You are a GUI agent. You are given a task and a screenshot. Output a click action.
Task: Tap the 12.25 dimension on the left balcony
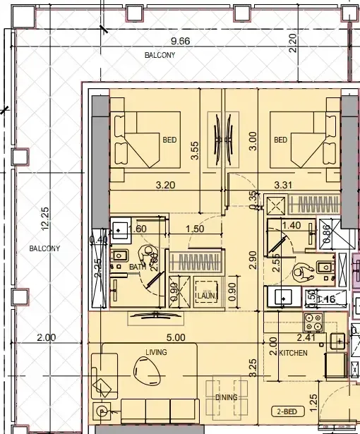(45, 218)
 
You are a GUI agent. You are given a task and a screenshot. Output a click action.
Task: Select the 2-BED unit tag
(287, 410)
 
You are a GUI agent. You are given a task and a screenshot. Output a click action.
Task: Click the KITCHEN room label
(293, 352)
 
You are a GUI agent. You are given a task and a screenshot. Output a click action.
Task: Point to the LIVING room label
(156, 351)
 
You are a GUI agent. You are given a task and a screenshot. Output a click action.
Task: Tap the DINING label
(227, 398)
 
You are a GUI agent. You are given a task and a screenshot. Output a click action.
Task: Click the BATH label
(137, 267)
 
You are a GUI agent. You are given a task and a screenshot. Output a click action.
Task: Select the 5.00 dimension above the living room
(176, 338)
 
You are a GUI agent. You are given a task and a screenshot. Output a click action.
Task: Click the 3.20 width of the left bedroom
(165, 186)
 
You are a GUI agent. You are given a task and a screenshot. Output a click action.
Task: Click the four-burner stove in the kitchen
(312, 323)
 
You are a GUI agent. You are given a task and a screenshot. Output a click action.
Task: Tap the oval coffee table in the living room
(149, 368)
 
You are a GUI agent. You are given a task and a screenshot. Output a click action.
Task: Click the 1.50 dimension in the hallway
(194, 229)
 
